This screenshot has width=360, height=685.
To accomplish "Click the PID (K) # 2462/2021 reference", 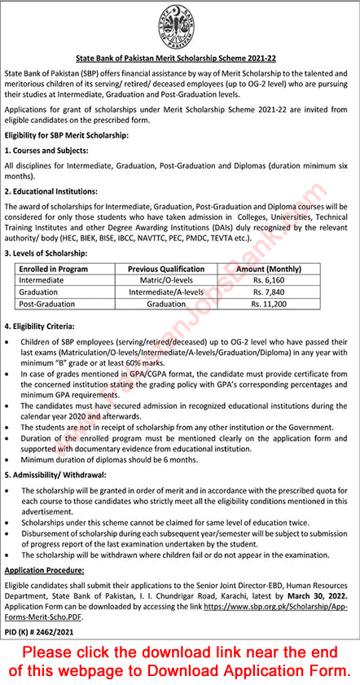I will (45, 631).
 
